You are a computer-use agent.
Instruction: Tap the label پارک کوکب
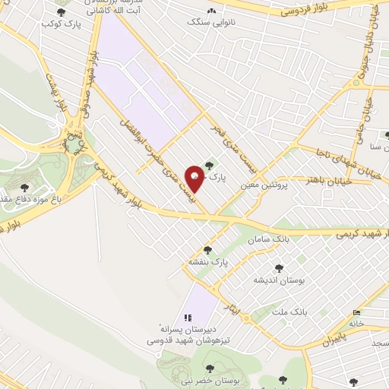pos(62,25)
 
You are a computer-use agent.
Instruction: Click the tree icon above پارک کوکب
pos(62,12)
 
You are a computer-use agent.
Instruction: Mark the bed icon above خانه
pos(357,313)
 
